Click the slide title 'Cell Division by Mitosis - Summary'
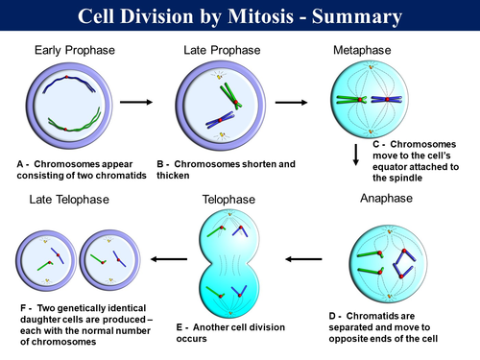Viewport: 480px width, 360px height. (239, 16)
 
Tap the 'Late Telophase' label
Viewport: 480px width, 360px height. (70, 200)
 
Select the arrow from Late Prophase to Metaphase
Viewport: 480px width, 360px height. (292, 100)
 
